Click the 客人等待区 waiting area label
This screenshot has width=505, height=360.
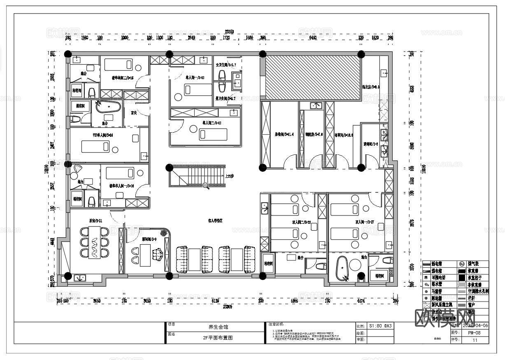pos(215,221)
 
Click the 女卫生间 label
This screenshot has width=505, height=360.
pos(226,65)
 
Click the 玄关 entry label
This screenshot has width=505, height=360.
pos(134,112)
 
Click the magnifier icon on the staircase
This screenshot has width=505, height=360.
pos(206,185)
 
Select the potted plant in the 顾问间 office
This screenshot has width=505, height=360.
pos(165,233)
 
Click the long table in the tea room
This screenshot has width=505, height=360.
pos(94,242)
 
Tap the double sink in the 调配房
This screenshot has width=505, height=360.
pos(316,105)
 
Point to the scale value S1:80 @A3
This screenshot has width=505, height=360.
pos(381,325)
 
